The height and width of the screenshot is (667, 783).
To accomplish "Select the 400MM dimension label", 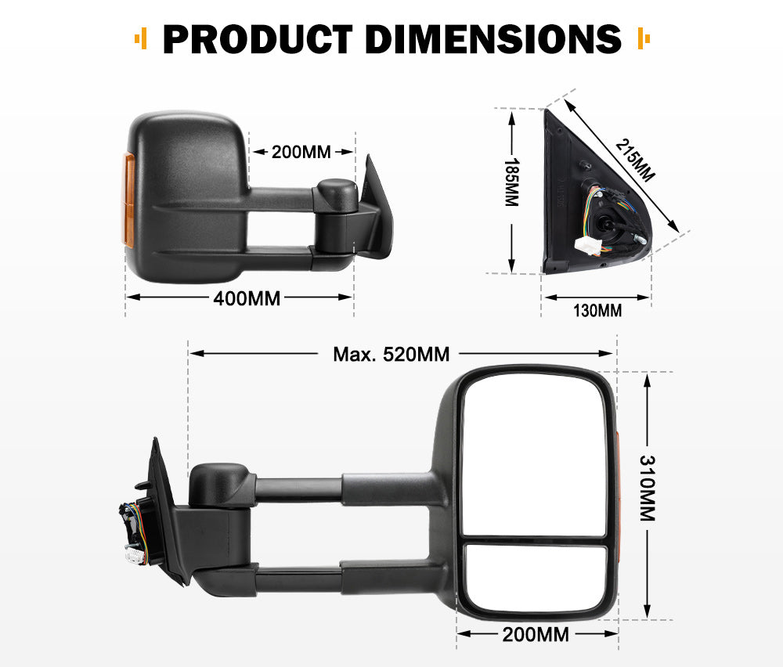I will (247, 297).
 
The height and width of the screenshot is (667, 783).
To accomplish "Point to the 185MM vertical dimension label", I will (511, 182).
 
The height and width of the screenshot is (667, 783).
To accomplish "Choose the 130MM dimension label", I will (597, 311).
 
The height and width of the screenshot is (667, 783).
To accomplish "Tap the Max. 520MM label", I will (391, 354).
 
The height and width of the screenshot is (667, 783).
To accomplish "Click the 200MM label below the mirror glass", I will (536, 634).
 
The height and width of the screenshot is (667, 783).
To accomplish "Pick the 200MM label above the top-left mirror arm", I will (301, 152).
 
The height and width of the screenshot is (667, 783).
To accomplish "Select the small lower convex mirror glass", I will (536, 578).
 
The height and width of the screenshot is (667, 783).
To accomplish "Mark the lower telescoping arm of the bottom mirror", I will (345, 579).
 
